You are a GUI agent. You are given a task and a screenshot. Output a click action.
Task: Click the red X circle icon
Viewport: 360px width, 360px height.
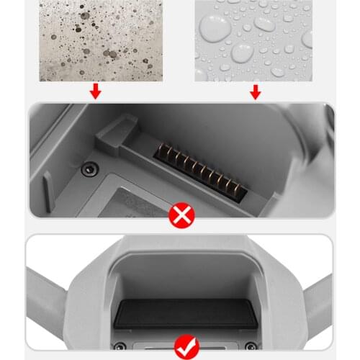[179, 215]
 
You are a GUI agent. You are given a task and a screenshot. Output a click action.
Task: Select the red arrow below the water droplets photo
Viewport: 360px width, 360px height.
[254, 92]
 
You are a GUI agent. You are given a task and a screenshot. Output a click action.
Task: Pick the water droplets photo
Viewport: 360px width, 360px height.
[253, 40]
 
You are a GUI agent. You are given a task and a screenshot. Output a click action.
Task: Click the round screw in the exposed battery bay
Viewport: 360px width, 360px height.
[89, 168]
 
